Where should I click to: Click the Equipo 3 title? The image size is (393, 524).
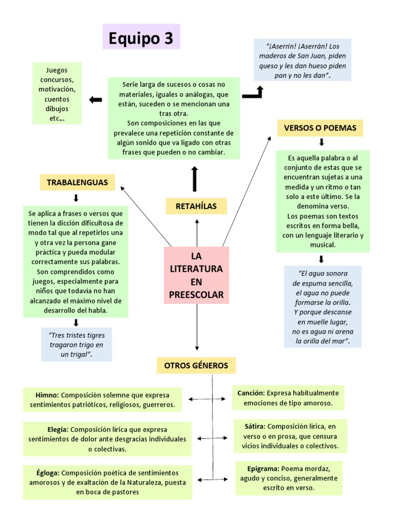tap(141, 38)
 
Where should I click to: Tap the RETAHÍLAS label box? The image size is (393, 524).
tap(196, 206)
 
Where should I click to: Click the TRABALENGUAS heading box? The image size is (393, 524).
tap(77, 182)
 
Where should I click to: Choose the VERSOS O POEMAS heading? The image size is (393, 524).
tap(320, 128)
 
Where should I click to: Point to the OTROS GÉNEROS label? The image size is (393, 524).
tap(196, 365)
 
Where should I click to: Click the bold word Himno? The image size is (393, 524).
tap(47, 396)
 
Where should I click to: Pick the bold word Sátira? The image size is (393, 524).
tap(254, 426)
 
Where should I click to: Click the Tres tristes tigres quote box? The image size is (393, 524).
tap(77, 344)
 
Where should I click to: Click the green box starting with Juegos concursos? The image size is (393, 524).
tap(57, 93)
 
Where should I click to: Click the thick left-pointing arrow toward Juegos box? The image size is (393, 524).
tap(95, 100)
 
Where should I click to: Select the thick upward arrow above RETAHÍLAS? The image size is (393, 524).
tap(194, 179)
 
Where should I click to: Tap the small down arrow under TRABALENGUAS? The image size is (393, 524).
tap(76, 198)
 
